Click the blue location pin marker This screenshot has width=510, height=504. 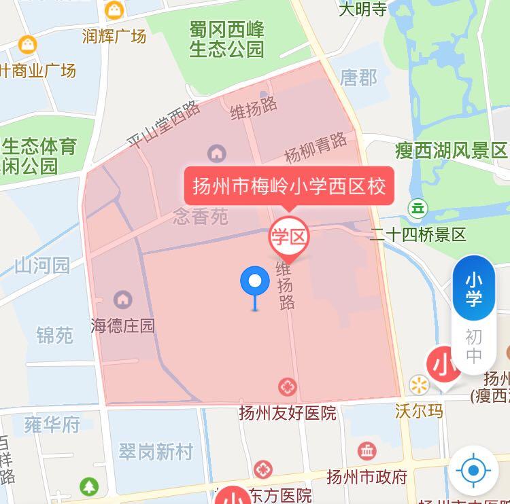click(256, 281)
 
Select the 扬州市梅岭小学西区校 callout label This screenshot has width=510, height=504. click(289, 185)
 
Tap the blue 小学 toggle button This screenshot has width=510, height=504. click(474, 289)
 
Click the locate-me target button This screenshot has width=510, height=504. click(473, 469)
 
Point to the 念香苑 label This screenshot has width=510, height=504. click(201, 217)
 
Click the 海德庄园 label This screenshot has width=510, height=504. click(123, 326)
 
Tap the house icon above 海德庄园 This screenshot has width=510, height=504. click(123, 298)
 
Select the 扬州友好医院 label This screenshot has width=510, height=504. click(288, 412)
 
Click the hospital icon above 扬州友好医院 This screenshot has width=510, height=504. click(288, 388)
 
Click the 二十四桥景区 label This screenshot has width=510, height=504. click(418, 235)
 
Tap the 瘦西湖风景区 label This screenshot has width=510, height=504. click(452, 150)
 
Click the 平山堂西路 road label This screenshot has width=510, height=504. click(164, 125)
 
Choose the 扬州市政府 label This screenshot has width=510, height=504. click(367, 475)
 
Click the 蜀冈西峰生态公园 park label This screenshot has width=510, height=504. click(226, 39)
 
